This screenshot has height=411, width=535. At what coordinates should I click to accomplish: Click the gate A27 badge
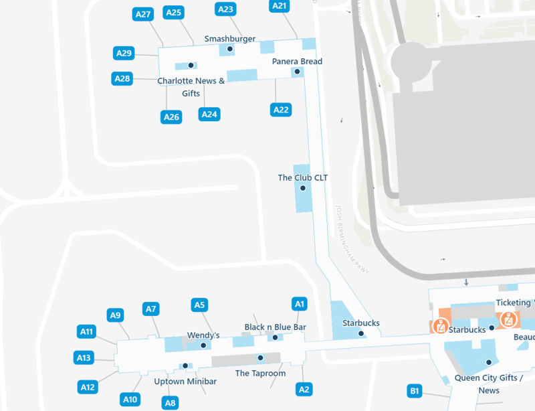143,13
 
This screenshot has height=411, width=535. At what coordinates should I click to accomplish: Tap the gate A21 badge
280,6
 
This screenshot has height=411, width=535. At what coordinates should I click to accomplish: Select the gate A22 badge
281,109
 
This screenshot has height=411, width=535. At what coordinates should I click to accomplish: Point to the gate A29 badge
124,54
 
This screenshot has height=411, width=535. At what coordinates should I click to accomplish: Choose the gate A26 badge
172,117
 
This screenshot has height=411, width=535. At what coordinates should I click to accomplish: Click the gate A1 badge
300,305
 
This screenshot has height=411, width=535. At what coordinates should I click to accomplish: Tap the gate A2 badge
304,389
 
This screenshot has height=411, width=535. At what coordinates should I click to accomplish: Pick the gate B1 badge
415,391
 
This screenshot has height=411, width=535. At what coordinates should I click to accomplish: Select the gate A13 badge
84,358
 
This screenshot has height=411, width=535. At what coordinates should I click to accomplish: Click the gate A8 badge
171,403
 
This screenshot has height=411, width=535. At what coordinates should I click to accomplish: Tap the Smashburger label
231,39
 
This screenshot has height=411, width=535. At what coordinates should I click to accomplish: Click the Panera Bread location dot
297,72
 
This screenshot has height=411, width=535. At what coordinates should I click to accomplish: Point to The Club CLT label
302,178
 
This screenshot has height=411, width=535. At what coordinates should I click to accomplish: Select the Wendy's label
203,335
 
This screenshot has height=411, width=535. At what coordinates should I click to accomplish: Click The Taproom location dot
260,357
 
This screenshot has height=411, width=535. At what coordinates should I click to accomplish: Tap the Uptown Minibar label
185,382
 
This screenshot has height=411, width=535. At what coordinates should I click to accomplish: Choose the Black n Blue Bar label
275,327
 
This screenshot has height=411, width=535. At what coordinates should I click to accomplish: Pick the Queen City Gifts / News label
489,384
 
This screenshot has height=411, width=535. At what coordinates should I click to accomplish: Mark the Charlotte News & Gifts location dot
191,66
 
